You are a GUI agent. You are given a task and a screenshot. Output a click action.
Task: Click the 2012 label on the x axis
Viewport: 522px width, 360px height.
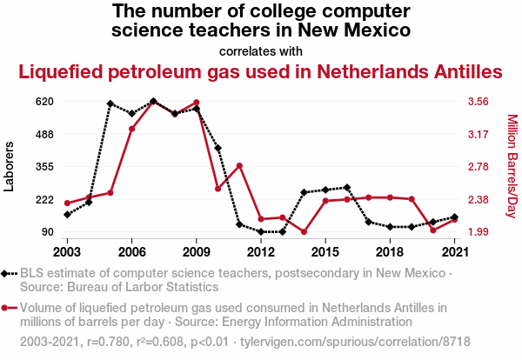[x=260, y=251]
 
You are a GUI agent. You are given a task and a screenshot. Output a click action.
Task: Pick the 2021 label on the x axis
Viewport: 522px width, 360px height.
[x=455, y=251]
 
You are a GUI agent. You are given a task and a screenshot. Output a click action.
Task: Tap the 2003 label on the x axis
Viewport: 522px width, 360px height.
[x=67, y=251]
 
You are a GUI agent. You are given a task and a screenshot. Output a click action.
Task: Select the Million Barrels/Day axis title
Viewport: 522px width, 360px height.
[x=512, y=166]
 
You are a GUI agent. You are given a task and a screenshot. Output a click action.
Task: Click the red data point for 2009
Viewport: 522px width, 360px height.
[x=197, y=103]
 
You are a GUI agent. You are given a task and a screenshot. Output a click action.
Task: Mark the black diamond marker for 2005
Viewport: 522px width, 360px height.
[x=110, y=103]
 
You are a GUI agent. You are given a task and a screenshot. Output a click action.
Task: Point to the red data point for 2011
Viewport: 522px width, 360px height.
[x=239, y=165]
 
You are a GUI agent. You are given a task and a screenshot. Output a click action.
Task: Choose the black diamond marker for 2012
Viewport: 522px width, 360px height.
[x=261, y=232]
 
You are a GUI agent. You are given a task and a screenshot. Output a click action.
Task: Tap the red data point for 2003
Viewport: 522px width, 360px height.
[x=67, y=203]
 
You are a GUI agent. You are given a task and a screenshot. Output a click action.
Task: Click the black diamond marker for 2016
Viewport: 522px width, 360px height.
[x=347, y=187]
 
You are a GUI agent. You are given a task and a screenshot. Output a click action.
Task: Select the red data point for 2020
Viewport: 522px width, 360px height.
[x=433, y=230]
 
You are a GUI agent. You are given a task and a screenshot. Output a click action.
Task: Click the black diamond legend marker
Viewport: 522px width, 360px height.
[x=10, y=274]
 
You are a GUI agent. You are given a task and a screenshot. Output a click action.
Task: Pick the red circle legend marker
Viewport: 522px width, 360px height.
[x=10, y=308]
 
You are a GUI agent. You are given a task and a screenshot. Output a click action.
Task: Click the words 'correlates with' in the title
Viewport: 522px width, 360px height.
[x=260, y=50]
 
